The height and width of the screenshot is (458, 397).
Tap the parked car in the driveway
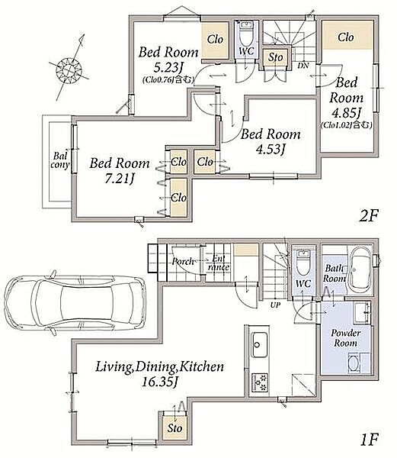click(75, 303)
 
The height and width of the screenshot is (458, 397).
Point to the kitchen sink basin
click(259, 345)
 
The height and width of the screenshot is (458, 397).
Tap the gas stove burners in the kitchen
click(259, 382)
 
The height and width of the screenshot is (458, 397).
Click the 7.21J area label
click(119, 179)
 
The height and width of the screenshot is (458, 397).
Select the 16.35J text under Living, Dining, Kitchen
click(159, 382)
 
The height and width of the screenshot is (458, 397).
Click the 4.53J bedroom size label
click(270, 150)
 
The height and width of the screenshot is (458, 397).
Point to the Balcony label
click(60, 160)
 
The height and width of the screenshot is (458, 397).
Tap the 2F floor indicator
click(368, 216)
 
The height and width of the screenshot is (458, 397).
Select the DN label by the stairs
click(303, 66)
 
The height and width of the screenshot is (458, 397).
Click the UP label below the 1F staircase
click(275, 305)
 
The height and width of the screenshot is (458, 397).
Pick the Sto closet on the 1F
click(174, 428)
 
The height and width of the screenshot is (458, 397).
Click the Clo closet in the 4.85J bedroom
click(347, 35)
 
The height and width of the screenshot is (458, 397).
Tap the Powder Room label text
click(346, 337)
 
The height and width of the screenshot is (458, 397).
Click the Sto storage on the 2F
click(275, 57)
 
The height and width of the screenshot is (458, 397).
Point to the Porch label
click(182, 261)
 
